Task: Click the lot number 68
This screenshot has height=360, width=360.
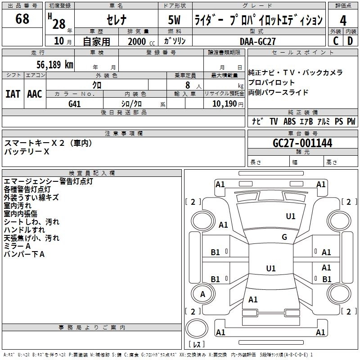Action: tap(22, 19)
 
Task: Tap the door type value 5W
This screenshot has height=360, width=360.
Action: tap(175, 20)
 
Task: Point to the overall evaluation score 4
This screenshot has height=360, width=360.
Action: tap(343, 20)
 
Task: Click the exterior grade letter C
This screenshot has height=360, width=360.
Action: tap(335, 41)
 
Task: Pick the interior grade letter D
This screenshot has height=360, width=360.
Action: tap(350, 41)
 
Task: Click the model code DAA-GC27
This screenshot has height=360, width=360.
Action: tap(258, 41)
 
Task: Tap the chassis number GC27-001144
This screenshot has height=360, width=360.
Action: tap(302, 143)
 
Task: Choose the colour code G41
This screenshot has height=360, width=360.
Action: tap(74, 104)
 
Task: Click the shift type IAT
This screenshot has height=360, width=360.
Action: tap(13, 94)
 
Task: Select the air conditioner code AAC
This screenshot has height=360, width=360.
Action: tap(35, 94)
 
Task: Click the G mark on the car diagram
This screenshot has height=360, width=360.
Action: tap(284, 237)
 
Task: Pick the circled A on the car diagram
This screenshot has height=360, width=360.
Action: tap(202, 294)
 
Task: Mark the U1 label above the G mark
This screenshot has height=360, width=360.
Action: tap(291, 216)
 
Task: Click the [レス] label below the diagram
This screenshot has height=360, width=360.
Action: tap(196, 345)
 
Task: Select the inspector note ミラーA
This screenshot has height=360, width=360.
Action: tap(18, 246)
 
